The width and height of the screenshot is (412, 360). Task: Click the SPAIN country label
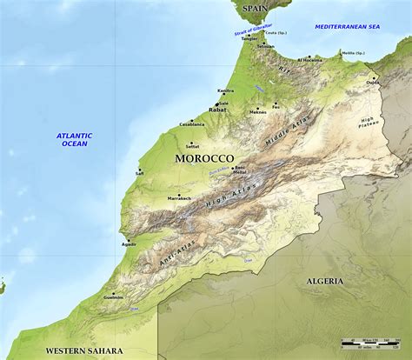(256, 8)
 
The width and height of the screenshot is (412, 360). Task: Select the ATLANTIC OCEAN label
(74, 139)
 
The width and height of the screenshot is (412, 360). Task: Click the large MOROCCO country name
(204, 158)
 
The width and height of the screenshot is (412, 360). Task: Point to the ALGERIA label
(324, 281)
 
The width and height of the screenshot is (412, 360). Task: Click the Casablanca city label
(191, 124)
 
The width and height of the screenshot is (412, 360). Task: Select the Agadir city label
(129, 244)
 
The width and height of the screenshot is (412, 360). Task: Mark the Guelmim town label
(113, 297)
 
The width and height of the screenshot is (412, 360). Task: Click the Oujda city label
(372, 83)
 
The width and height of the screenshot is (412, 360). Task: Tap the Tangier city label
(249, 38)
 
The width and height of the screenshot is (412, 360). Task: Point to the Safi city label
(139, 173)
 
